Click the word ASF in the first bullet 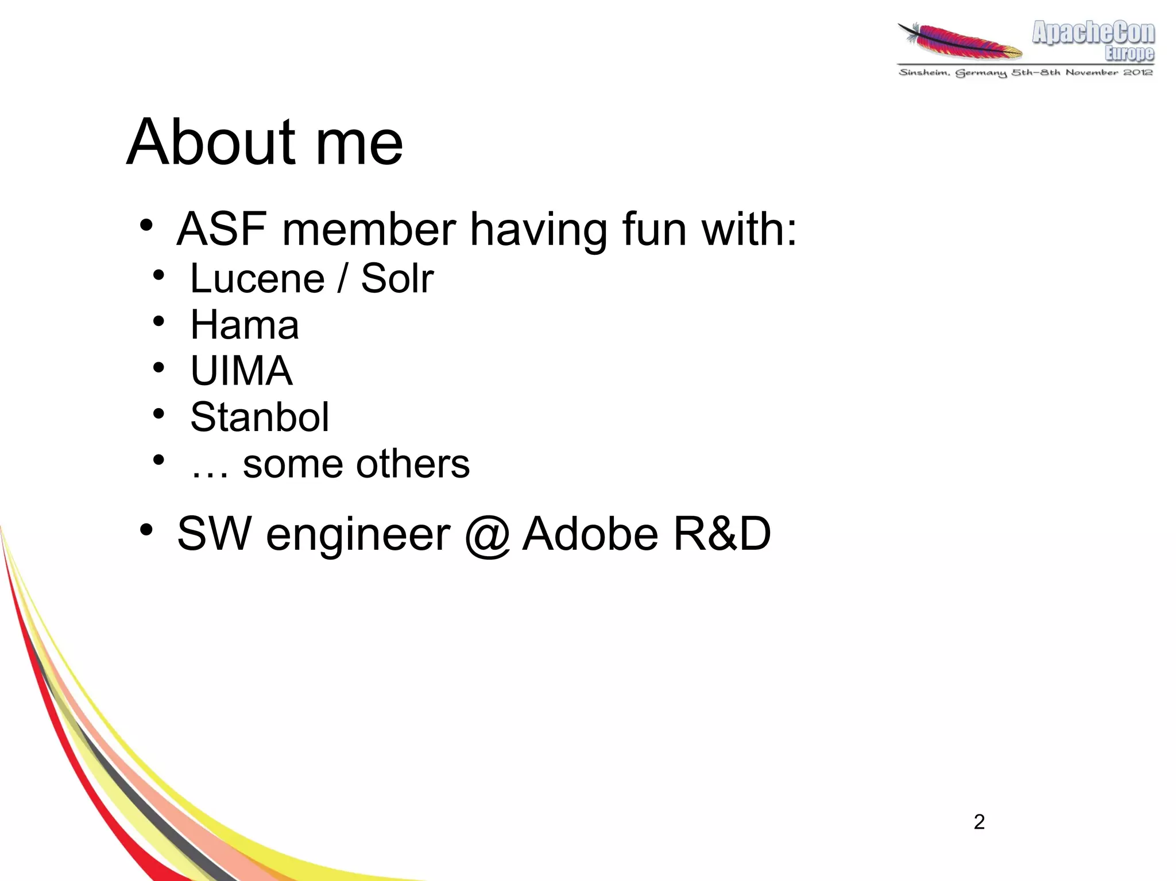coord(222,230)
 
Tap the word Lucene coord(257,279)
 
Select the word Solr coord(397,279)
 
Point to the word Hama coord(245,325)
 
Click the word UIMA coord(241,371)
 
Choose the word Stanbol coord(260,417)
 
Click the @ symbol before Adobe coord(487,535)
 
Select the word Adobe coord(590,534)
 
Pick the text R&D coord(722,534)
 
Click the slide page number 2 coord(979,822)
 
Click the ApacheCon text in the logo coord(1093,33)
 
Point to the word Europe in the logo coord(1129,53)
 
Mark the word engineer coord(358,535)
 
